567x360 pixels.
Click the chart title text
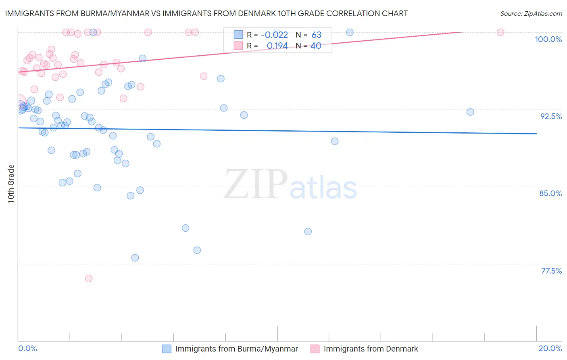pyautogui.click(x=206, y=13)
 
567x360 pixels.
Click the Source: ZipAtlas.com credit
pyautogui.click(x=531, y=13)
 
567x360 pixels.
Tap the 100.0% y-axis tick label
pyautogui.click(x=548, y=39)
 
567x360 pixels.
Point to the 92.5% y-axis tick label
pyautogui.click(x=551, y=116)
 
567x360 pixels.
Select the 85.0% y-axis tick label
pyautogui.click(x=550, y=193)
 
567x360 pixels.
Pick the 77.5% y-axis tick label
pyautogui.click(x=551, y=271)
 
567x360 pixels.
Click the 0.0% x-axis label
pyautogui.click(x=27, y=348)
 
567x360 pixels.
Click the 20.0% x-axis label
pyautogui.click(x=550, y=348)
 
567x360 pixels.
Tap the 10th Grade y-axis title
pyautogui.click(x=11, y=184)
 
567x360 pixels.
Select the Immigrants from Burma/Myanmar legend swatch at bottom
pyautogui.click(x=167, y=349)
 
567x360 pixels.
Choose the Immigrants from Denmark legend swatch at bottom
pyautogui.click(x=315, y=349)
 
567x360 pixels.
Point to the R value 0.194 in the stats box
pyautogui.click(x=277, y=46)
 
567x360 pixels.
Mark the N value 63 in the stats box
pyautogui.click(x=316, y=35)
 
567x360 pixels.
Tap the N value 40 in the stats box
pyautogui.click(x=316, y=46)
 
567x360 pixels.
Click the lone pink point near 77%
pyautogui.click(x=89, y=278)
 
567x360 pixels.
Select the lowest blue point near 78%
pyautogui.click(x=135, y=258)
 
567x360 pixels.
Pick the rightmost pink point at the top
pyautogui.click(x=500, y=32)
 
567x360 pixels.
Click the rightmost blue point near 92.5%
pyautogui.click(x=470, y=112)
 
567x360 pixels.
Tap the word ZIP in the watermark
pyautogui.click(x=256, y=184)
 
